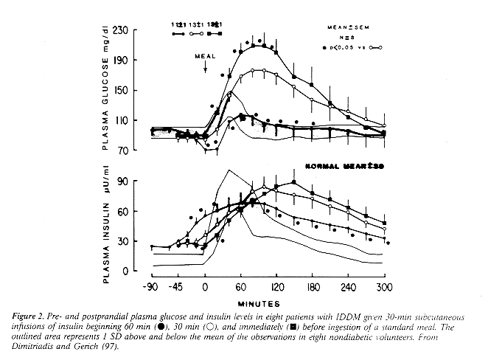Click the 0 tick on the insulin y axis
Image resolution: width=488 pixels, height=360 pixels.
tap(137, 271)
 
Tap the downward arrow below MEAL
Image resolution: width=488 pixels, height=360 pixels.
tap(205, 67)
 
